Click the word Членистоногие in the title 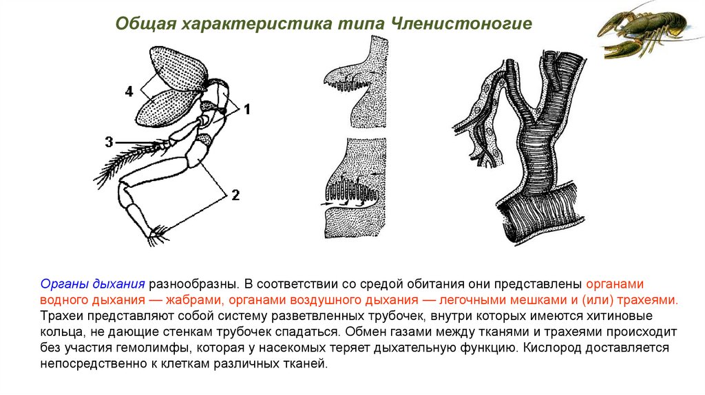point(462,23)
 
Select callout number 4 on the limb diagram point(129,92)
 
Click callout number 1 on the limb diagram point(246,109)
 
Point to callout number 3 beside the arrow point(109,142)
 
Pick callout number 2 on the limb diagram point(235,195)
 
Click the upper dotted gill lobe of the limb point(178,67)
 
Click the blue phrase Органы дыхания point(93,284)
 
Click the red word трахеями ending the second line point(647,300)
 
